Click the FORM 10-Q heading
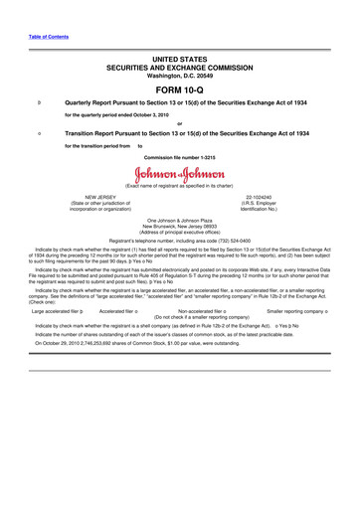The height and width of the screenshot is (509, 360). (179, 88)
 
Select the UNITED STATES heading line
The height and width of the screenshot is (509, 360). (179, 60)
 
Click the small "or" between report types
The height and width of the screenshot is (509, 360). (179, 123)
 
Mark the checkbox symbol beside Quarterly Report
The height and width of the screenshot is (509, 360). (38, 102)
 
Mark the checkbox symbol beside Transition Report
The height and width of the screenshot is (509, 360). (38, 132)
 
